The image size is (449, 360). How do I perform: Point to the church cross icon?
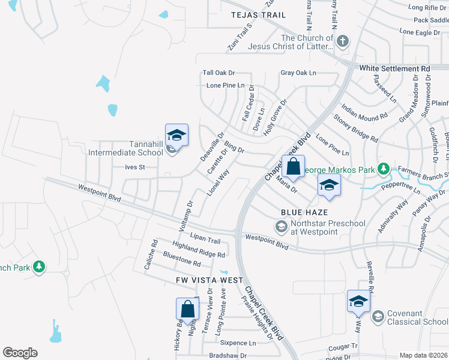coord(343,41)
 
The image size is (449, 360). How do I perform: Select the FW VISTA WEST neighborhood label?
coord(209,280)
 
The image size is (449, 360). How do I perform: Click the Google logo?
coord(20,353)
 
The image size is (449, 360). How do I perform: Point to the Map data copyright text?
coord(423,355)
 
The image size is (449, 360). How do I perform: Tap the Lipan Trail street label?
coord(205,239)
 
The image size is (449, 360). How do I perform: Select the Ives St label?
coord(135,167)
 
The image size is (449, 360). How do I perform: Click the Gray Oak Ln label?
coord(298,73)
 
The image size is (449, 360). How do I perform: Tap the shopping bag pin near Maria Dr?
coord(293,168)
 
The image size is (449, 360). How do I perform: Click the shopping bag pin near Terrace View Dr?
coord(187,310)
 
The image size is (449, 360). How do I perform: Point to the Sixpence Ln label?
coord(238,343)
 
